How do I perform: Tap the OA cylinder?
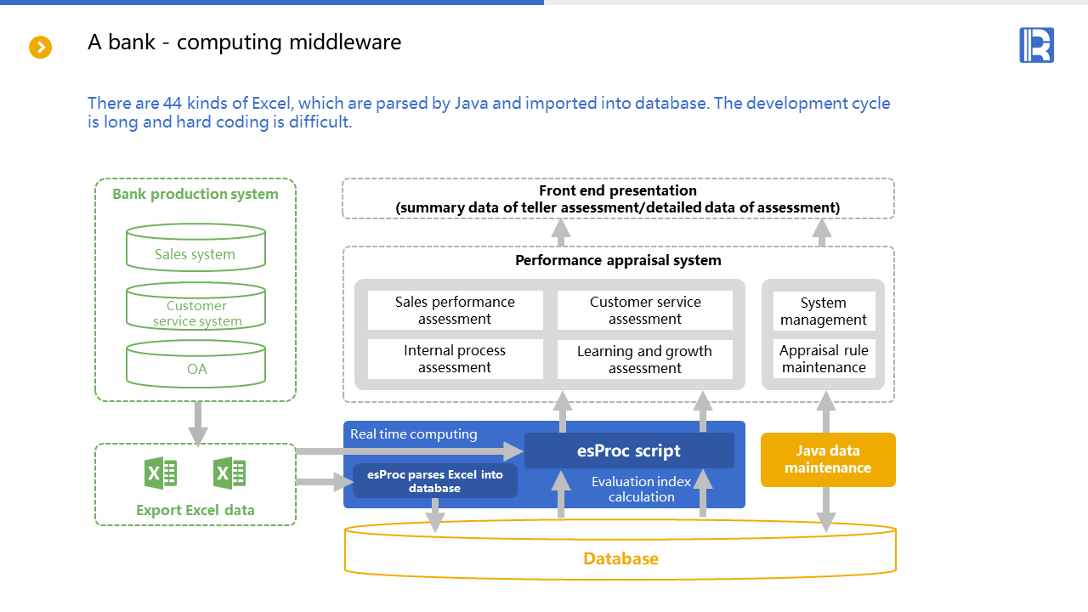195,365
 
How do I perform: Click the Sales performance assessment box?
455,310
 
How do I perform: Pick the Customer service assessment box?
644,310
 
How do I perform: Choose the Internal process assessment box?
455,359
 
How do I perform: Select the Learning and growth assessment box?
644,360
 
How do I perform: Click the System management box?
824,311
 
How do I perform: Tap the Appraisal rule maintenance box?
824,359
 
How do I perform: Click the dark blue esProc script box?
629,450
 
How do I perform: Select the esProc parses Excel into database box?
434,481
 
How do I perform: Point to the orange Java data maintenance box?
828,460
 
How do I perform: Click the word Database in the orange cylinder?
620,558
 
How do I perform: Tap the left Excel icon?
161,473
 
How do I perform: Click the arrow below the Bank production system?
197,423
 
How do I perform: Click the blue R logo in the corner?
1036,45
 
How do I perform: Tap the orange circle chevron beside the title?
41,47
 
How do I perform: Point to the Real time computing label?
414,434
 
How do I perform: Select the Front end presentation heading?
618,191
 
